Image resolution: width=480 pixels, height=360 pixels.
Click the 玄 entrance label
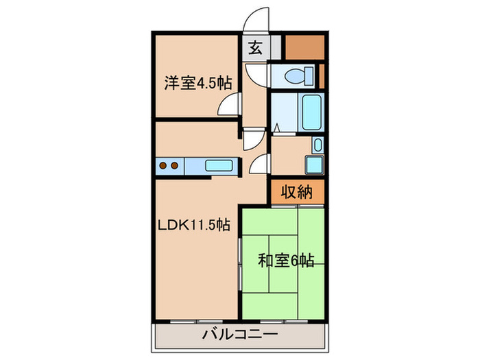pyautogui.click(x=254, y=48)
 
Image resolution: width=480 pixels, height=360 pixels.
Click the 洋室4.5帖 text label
pyautogui.click(x=197, y=83)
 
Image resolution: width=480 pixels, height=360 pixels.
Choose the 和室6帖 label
pyautogui.click(x=286, y=261)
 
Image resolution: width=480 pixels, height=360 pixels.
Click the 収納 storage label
pyautogui.click(x=296, y=193)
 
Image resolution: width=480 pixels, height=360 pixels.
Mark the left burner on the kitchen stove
pyautogui.click(x=164, y=165)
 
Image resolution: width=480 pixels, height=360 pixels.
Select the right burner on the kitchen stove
pyautogui.click(x=175, y=165)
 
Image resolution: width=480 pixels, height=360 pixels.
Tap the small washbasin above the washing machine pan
pyautogui.click(x=317, y=145)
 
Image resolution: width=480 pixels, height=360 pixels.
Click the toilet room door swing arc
pyautogui.click(x=256, y=74)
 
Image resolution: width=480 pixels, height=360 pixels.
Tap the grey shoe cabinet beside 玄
pyautogui.click(x=275, y=48)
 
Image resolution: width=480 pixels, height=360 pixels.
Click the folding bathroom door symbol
pyautogui.click(x=276, y=128)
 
